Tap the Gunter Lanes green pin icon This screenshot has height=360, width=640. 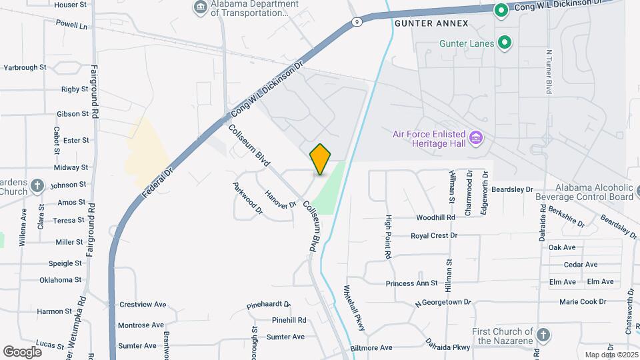coord(505,43)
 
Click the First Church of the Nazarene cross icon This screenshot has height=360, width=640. coord(543,335)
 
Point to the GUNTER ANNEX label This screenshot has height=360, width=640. coord(431,23)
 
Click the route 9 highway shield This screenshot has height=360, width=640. coord(358,21)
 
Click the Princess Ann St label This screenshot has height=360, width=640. coord(411,283)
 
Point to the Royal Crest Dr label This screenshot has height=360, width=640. coord(434,235)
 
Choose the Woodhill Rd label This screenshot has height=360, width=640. coord(435,217)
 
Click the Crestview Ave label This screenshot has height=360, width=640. coord(142,304)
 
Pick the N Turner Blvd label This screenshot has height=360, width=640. coord(549,71)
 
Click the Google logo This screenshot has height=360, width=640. coord(22,351)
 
